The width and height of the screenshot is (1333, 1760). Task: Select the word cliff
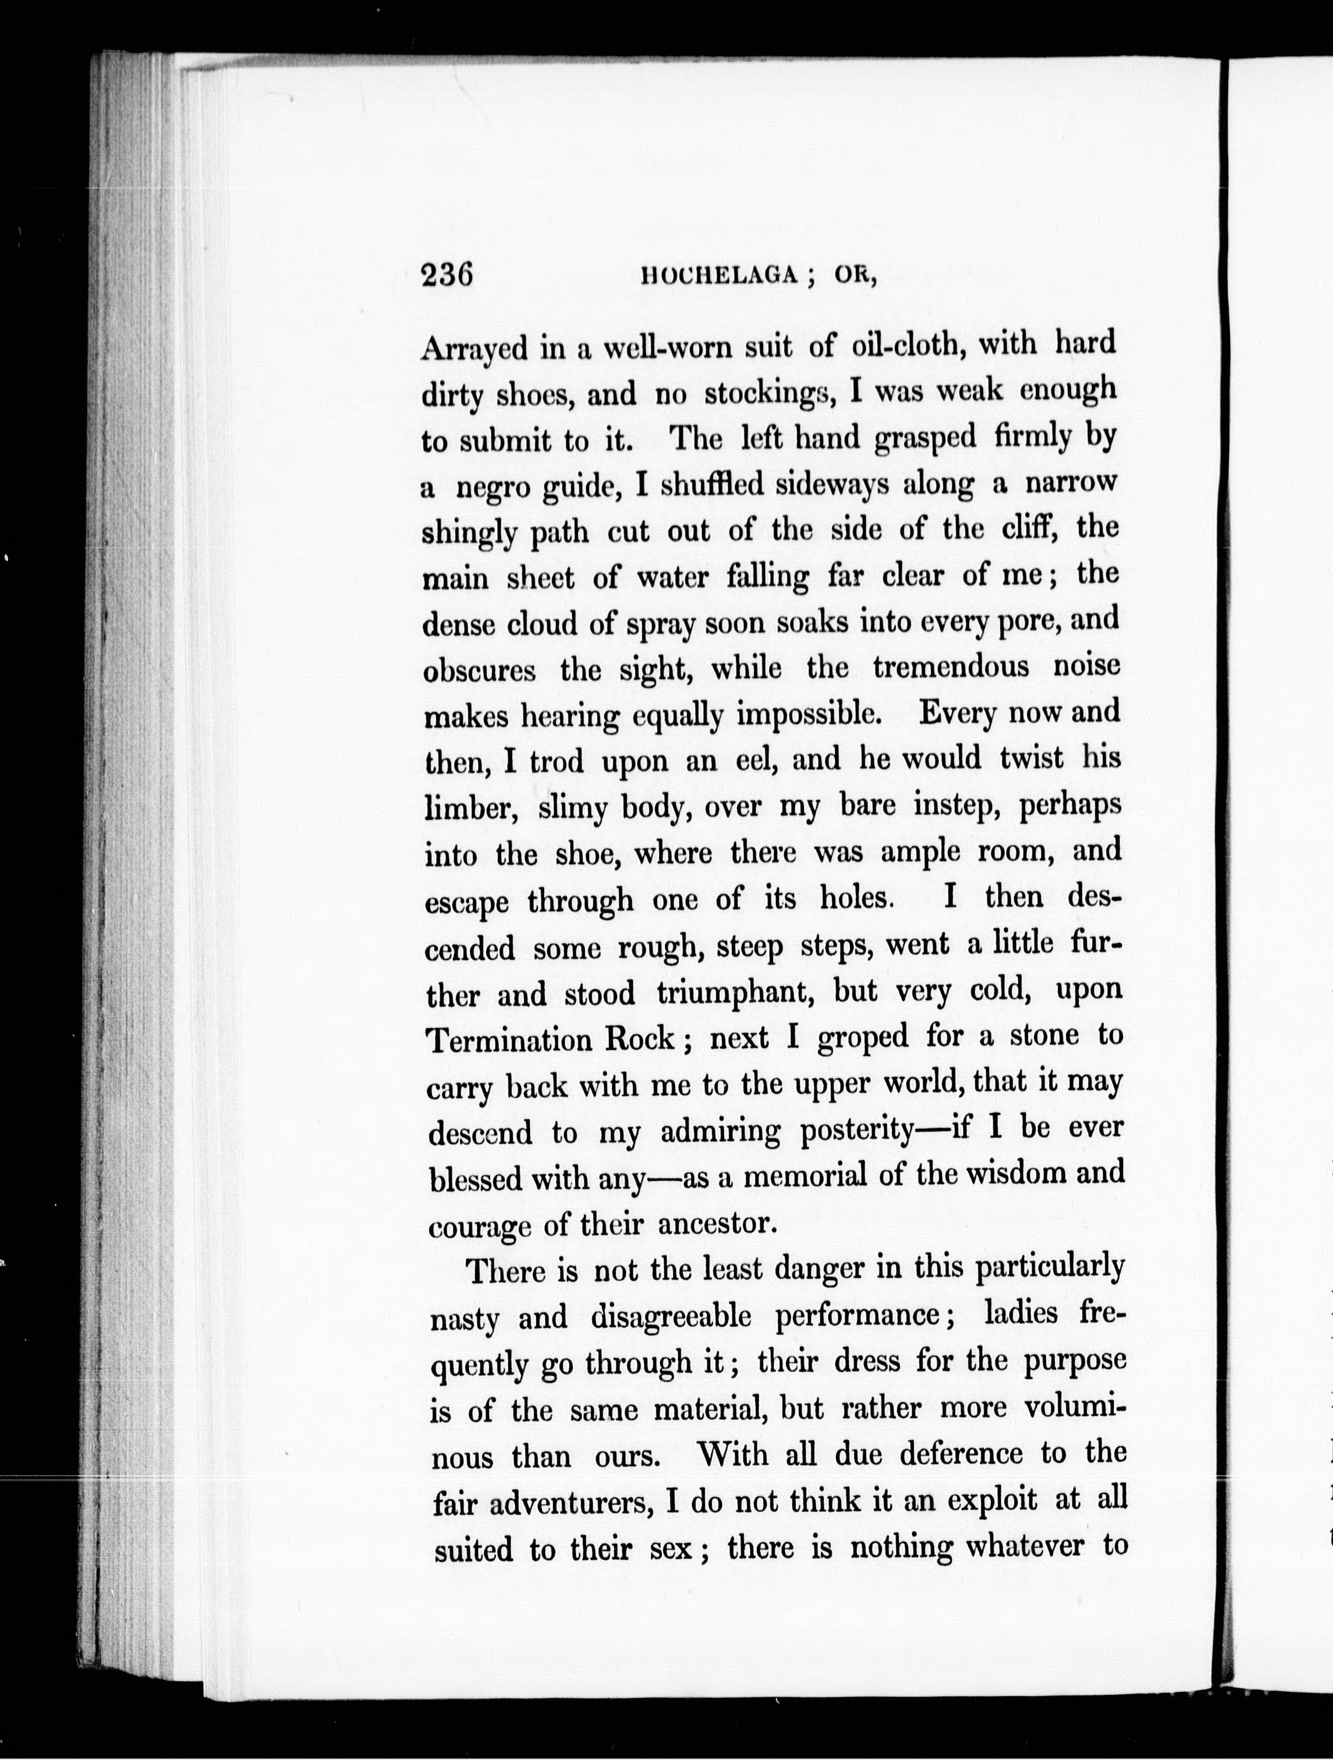click(x=1031, y=528)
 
